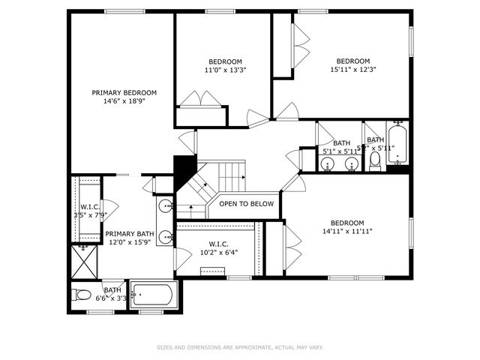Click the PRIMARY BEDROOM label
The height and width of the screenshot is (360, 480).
pyautogui.click(x=124, y=93)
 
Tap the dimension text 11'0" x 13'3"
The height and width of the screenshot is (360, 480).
pyautogui.click(x=225, y=70)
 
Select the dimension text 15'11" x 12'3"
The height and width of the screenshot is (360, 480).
pyautogui.click(x=352, y=70)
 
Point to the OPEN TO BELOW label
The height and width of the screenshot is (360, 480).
pyautogui.click(x=247, y=204)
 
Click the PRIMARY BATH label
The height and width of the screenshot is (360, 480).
pyautogui.click(x=129, y=234)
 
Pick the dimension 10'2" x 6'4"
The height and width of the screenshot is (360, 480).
pyautogui.click(x=218, y=253)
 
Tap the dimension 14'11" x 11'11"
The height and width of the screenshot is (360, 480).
pyautogui.click(x=347, y=231)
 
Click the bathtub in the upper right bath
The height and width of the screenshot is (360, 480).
pyautogui.click(x=397, y=143)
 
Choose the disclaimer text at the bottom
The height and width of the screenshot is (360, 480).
pyautogui.click(x=240, y=347)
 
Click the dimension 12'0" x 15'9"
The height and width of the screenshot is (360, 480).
pyautogui.click(x=129, y=242)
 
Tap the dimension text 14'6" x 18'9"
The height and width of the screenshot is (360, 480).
pyautogui.click(x=124, y=101)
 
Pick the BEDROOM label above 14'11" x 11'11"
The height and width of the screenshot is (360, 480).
pyautogui.click(x=347, y=223)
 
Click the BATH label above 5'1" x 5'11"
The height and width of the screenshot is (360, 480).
pyautogui.click(x=341, y=142)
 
